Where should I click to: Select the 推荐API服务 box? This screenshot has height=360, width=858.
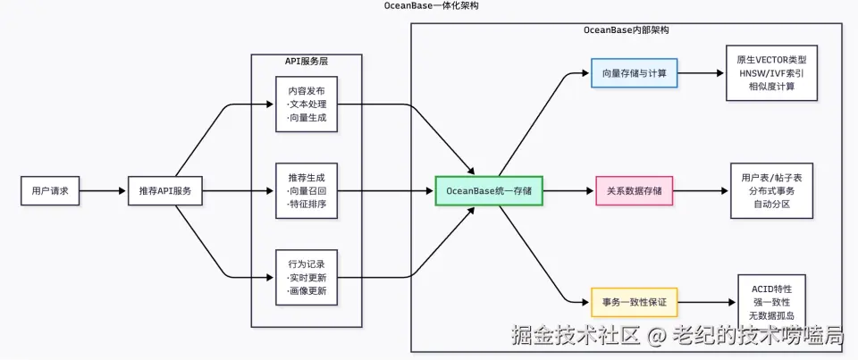(165, 190)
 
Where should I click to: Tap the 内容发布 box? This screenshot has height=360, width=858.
(307, 104)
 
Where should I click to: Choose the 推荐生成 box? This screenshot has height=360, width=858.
(307, 190)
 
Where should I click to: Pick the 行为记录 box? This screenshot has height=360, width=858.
(307, 278)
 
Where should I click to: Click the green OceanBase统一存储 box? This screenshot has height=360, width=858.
(489, 190)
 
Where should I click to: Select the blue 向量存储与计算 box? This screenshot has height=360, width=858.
(635, 72)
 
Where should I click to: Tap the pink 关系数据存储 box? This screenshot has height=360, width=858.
(635, 190)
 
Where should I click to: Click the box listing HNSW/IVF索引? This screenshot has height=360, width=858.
(766, 73)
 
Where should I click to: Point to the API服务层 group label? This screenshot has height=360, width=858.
(306, 61)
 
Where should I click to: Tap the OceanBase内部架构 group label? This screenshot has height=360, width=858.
(626, 30)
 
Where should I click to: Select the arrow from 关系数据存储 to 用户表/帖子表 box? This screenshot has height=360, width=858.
(702, 190)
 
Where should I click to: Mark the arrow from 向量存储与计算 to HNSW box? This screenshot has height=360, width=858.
(702, 72)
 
